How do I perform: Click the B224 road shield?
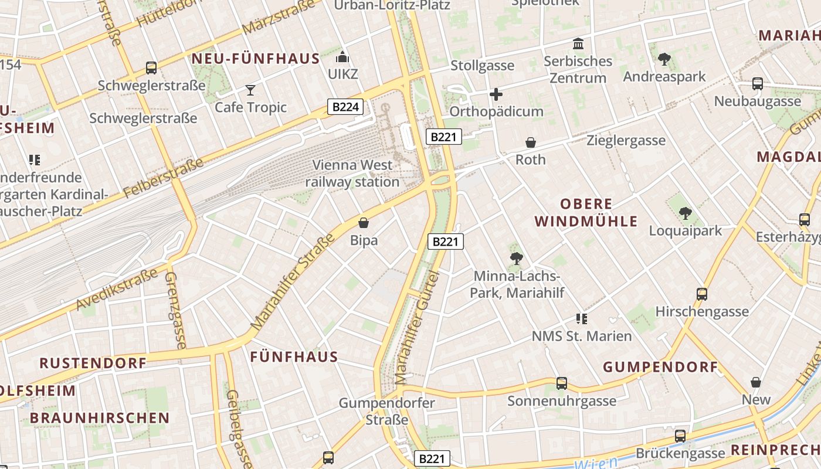click(345, 107)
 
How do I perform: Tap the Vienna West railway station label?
click(352, 174)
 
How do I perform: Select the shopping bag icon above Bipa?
click(364, 223)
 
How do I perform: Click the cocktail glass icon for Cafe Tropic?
click(250, 90)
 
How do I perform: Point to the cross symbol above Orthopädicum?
click(496, 94)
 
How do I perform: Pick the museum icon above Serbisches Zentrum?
click(578, 44)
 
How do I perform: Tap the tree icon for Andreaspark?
click(664, 59)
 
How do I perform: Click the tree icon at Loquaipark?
click(685, 213)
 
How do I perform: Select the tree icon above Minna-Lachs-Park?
click(516, 258)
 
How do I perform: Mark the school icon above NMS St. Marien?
click(581, 319)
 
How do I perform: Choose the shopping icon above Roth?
click(531, 142)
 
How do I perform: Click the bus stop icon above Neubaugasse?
click(758, 84)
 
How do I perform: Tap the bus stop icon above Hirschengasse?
click(702, 294)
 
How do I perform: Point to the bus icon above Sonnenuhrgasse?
click(562, 383)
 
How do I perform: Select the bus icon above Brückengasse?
click(680, 436)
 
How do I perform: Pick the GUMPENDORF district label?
click(660, 368)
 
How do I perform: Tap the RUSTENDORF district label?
click(93, 363)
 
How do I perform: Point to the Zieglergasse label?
click(626, 141)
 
